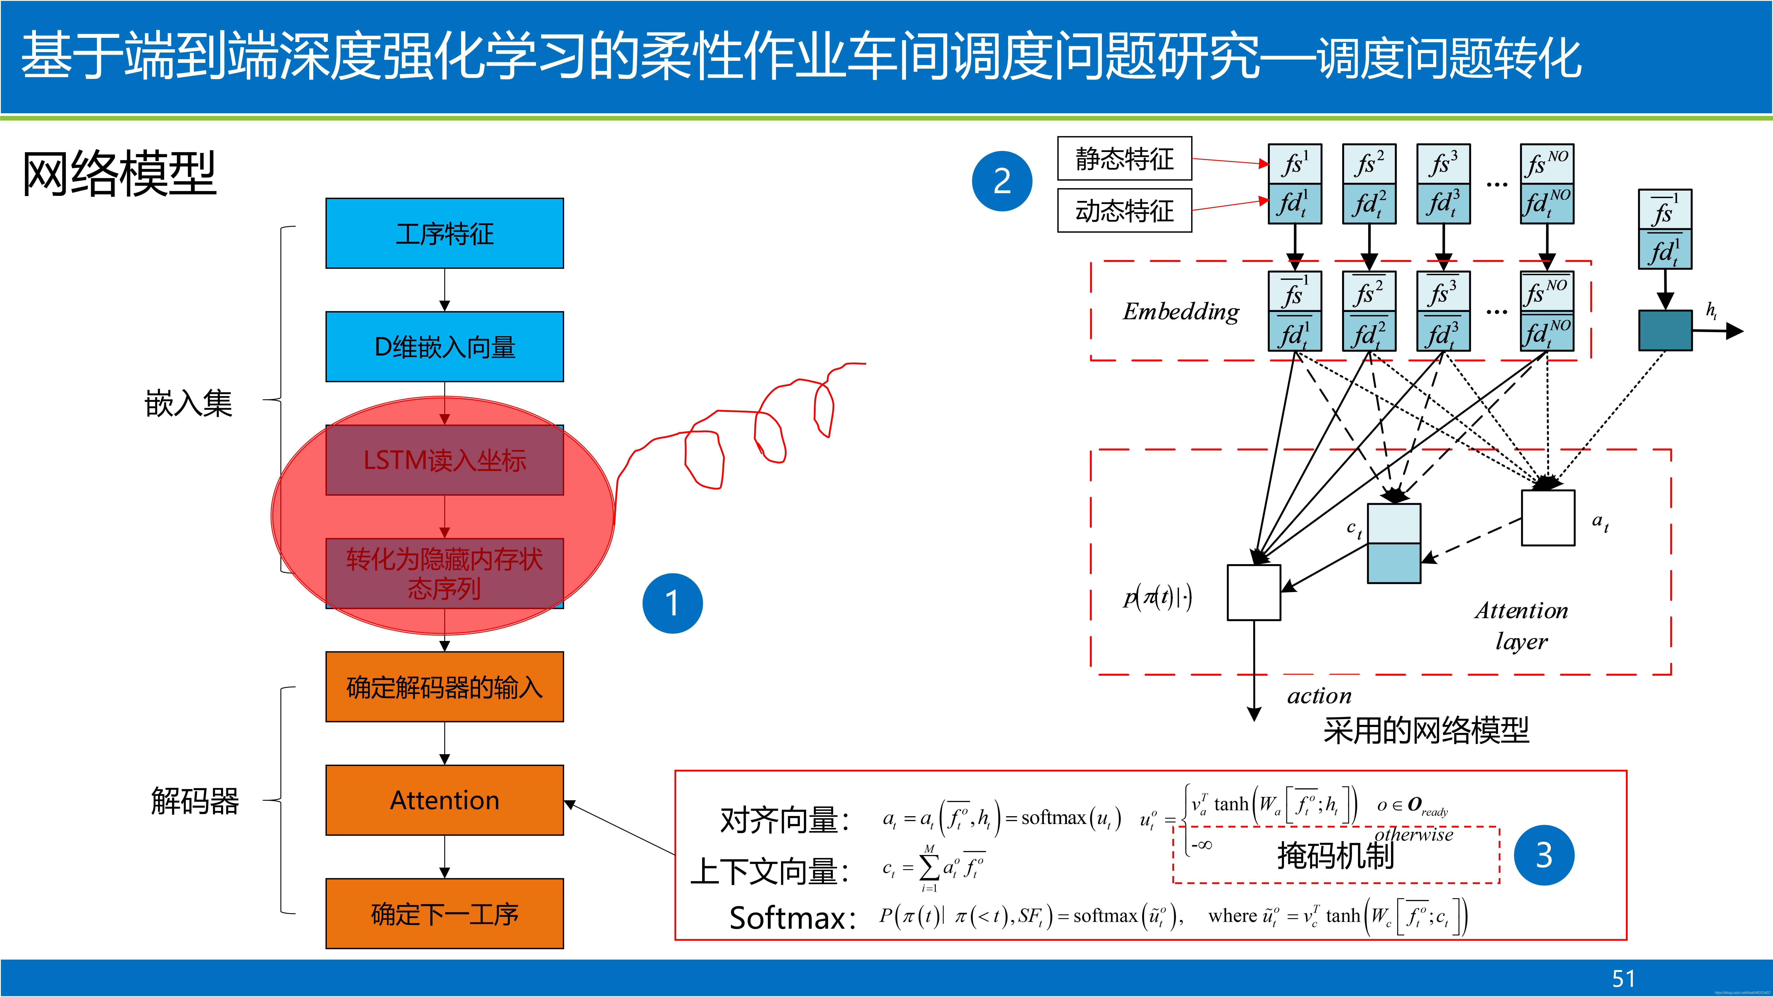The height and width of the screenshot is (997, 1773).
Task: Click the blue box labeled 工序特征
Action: [x=445, y=233]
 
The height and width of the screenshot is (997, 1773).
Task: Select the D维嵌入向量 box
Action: [x=445, y=347]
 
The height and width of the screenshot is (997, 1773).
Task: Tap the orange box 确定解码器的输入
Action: [x=445, y=687]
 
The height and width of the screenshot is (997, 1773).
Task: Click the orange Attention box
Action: [x=445, y=800]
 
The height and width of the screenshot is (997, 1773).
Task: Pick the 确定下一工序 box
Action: [x=445, y=914]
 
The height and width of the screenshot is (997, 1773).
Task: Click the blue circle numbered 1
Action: [x=672, y=604]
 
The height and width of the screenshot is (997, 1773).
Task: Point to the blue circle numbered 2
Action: [x=1002, y=181]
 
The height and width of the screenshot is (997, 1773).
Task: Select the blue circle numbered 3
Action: [x=1544, y=855]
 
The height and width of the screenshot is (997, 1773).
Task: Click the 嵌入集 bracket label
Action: [x=189, y=403]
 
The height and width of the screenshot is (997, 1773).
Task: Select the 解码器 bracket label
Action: [x=195, y=801]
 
